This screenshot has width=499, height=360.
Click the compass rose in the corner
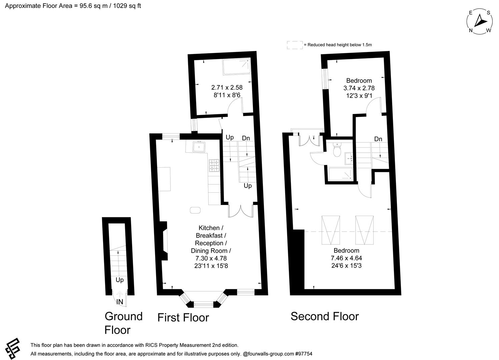pyautogui.click(x=479, y=22)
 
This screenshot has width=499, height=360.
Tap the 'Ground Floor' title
pyautogui.click(x=123, y=323)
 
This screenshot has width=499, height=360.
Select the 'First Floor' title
pyautogui.click(x=183, y=317)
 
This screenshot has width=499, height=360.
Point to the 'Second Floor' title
pyautogui.click(x=325, y=316)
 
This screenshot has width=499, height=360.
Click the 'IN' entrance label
pyautogui.click(x=120, y=302)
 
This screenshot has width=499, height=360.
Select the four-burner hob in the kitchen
pyautogui.click(x=214, y=166)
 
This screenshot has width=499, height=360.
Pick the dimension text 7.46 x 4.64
pyautogui.click(x=346, y=258)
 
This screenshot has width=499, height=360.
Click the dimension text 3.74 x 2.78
pyautogui.click(x=359, y=88)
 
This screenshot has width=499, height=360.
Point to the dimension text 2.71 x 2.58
pyautogui.click(x=227, y=88)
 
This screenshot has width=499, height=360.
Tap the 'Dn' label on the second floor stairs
pyautogui.click(x=378, y=139)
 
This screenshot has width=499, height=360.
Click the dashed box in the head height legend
pyautogui.click(x=295, y=45)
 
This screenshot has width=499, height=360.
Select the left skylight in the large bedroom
pyautogui.click(x=330, y=230)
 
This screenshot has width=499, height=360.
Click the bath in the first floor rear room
pyautogui.click(x=236, y=66)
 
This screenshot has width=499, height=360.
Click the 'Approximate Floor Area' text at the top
pyautogui.click(x=73, y=6)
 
